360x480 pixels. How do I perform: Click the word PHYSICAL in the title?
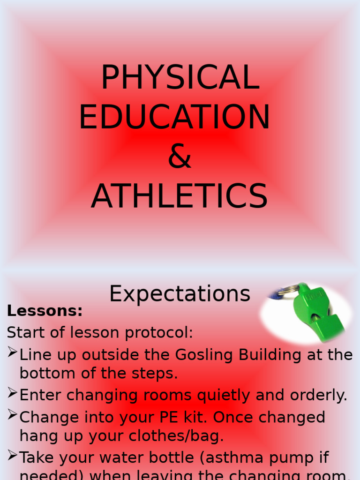tap(180, 77)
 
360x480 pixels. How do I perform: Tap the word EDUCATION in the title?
tap(174, 117)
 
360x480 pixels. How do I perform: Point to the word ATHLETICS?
tap(179, 196)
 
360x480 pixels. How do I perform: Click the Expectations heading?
tap(180, 294)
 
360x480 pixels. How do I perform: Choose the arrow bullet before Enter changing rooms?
tap(12, 394)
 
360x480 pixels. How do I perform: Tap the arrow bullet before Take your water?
tap(12, 456)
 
